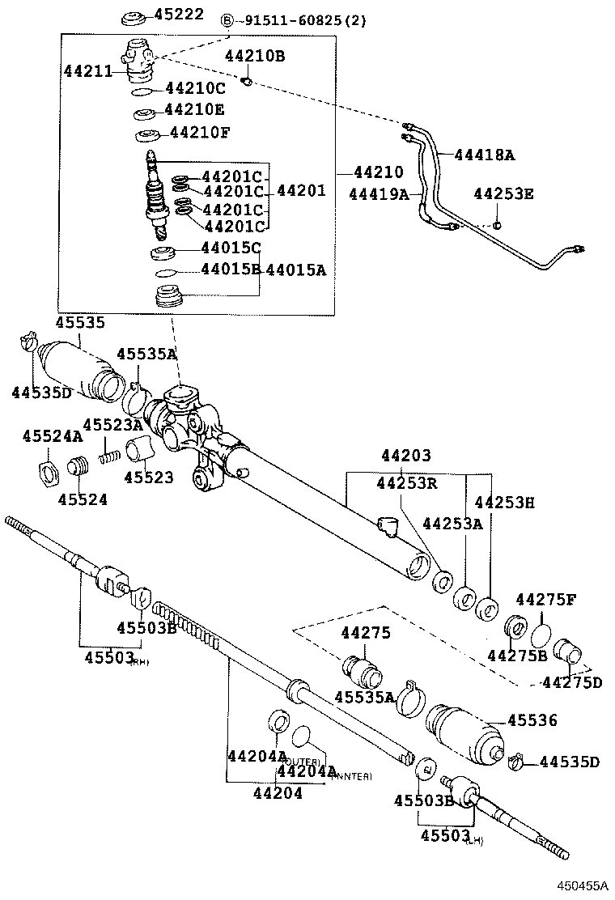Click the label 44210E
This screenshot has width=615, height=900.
pyautogui.click(x=194, y=109)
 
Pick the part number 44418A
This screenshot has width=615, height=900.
pyautogui.click(x=484, y=155)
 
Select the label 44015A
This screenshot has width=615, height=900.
pyautogui.click(x=295, y=270)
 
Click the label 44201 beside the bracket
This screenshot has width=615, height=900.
pyautogui.click(x=301, y=191)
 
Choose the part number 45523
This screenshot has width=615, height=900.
pyautogui.click(x=148, y=478)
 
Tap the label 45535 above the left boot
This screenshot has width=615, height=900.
pyautogui.click(x=79, y=322)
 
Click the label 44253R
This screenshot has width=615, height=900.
pyautogui.click(x=406, y=483)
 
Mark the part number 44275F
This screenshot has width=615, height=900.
pyautogui.click(x=546, y=600)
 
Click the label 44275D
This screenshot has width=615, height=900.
pyautogui.click(x=571, y=681)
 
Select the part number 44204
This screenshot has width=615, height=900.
pyautogui.click(x=276, y=793)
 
